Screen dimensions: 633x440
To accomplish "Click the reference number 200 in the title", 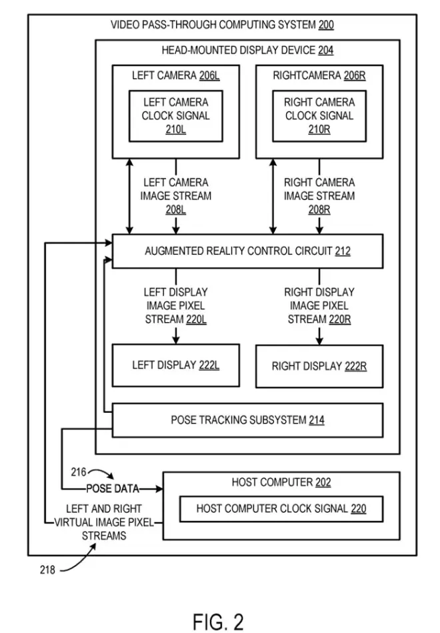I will click(326, 26).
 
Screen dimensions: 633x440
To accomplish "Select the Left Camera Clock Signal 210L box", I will click(176, 115).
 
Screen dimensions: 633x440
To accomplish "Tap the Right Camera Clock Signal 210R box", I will click(319, 115).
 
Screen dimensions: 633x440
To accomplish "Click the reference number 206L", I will click(209, 76).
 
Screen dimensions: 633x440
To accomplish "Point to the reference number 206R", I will click(355, 76).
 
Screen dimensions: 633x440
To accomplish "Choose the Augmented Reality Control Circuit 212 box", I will click(247, 251).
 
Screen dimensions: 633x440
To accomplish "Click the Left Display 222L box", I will click(176, 366).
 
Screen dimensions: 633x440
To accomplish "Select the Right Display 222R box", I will click(319, 366).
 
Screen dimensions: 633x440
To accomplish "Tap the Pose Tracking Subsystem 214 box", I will click(247, 420).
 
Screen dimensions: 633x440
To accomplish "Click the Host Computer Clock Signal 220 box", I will click(281, 509).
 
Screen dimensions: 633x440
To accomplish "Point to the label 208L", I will click(176, 209).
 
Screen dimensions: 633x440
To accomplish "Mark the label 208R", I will click(319, 209).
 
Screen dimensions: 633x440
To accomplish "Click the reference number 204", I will click(326, 51).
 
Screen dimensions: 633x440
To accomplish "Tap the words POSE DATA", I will click(113, 489).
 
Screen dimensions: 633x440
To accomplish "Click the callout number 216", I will click(78, 473).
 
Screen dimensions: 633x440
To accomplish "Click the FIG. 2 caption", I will click(219, 622).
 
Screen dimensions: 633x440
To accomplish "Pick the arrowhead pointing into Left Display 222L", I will click(176, 341).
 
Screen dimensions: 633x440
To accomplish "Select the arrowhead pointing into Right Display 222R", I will click(319, 341).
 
